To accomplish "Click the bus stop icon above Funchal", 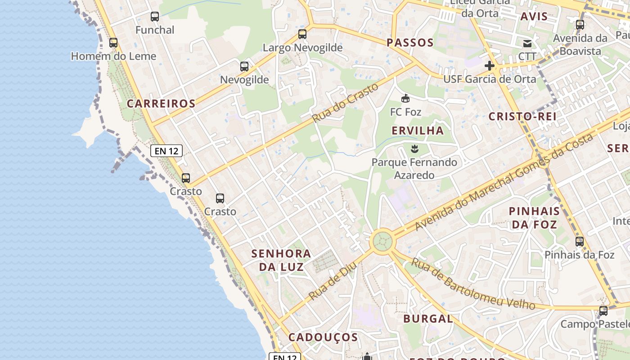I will pyautogui.click(x=155, y=17).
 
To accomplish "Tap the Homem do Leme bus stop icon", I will pyautogui.click(x=113, y=43).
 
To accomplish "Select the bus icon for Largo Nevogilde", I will pyautogui.click(x=302, y=34).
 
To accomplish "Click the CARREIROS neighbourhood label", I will pyautogui.click(x=161, y=103).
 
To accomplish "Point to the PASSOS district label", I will pyautogui.click(x=410, y=43).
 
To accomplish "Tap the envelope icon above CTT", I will pyautogui.click(x=527, y=44).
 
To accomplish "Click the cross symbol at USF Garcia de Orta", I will pyautogui.click(x=490, y=66).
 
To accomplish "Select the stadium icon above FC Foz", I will pyautogui.click(x=405, y=98).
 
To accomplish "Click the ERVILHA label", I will pyautogui.click(x=418, y=130).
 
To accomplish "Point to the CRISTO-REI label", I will pyautogui.click(x=522, y=116).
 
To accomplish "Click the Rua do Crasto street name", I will pyautogui.click(x=346, y=103).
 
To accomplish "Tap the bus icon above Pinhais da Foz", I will pyautogui.click(x=580, y=242).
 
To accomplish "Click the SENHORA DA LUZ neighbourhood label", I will pyautogui.click(x=281, y=260).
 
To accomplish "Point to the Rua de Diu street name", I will pyautogui.click(x=333, y=281).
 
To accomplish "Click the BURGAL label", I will pyautogui.click(x=428, y=319).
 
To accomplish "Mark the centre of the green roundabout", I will pyautogui.click(x=382, y=241).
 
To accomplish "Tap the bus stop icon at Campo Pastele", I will pyautogui.click(x=603, y=311).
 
